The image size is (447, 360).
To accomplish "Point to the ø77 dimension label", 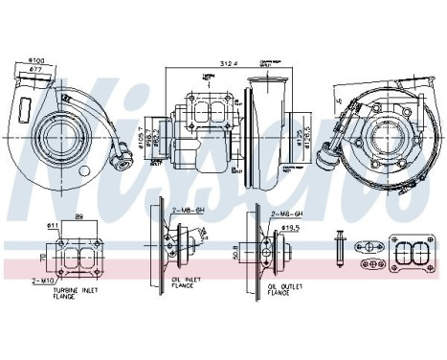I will tap(36, 69).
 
